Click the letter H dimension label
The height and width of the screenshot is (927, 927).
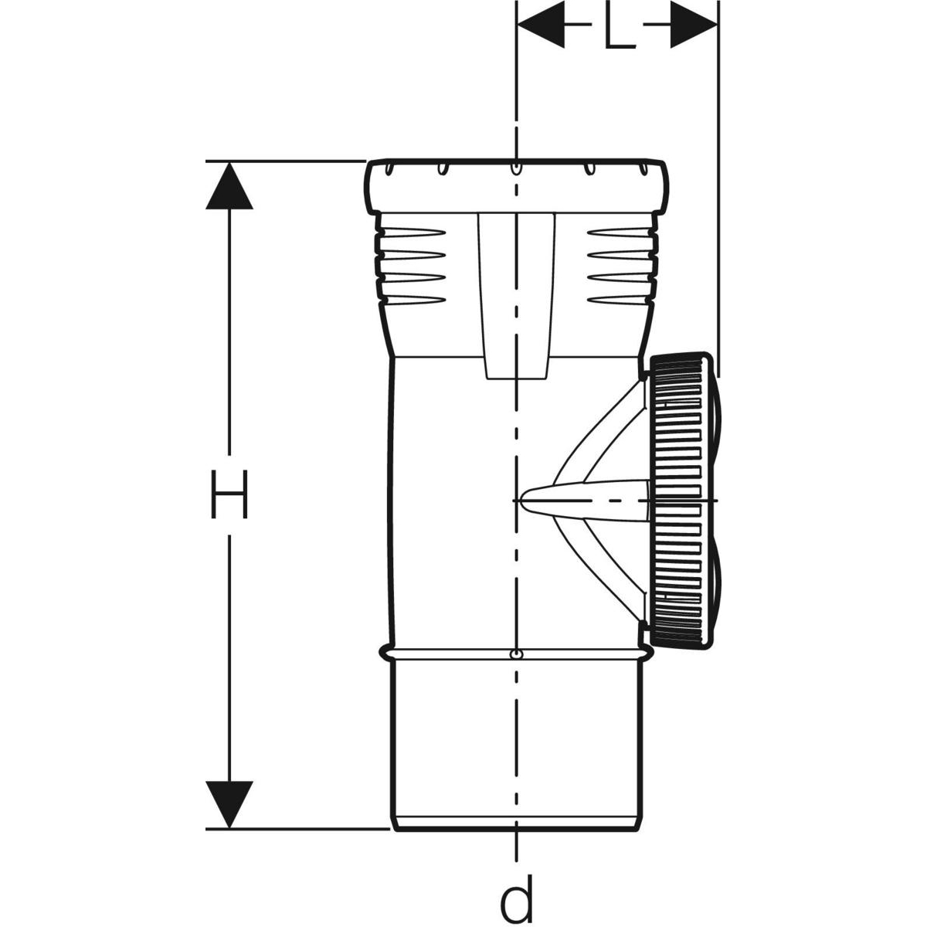[x=229, y=494]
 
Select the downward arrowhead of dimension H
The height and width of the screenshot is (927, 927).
[x=229, y=804]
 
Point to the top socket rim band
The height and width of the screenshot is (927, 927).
[x=515, y=186]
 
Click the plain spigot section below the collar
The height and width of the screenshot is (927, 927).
[x=515, y=742]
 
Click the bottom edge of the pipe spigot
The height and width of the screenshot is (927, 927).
[x=515, y=830]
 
